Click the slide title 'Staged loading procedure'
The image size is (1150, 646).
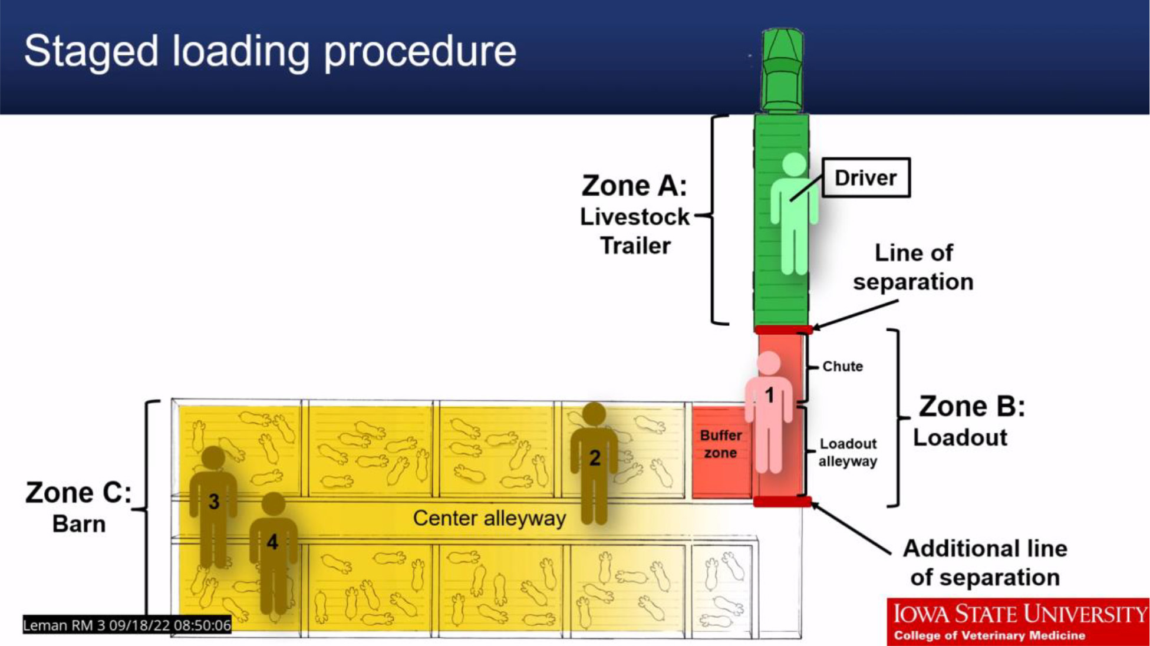pyautogui.click(x=270, y=51)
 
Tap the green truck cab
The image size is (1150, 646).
pyautogui.click(x=782, y=71)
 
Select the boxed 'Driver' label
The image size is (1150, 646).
pyautogui.click(x=865, y=177)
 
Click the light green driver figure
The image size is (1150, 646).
pyautogui.click(x=794, y=212)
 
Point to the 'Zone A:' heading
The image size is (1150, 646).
pyautogui.click(x=634, y=186)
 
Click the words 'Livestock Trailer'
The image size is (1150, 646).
pyautogui.click(x=635, y=231)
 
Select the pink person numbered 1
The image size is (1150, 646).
pyautogui.click(x=769, y=413)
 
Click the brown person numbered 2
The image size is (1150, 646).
pyautogui.click(x=594, y=463)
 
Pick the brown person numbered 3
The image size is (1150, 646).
pyautogui.click(x=213, y=504)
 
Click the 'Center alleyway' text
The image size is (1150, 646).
pyautogui.click(x=489, y=518)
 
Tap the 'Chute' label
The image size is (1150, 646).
pyautogui.click(x=842, y=367)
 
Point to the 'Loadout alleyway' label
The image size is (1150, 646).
pyautogui.click(x=848, y=452)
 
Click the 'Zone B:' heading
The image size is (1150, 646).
pyautogui.click(x=971, y=407)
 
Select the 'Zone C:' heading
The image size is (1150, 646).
pyautogui.click(x=78, y=493)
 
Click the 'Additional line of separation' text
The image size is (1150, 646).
pyautogui.click(x=985, y=563)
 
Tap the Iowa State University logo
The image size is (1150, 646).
pyautogui.click(x=1018, y=621)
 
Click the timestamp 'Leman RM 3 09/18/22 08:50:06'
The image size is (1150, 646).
pyautogui.click(x=127, y=625)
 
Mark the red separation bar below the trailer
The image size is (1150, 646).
pyautogui.click(x=783, y=329)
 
